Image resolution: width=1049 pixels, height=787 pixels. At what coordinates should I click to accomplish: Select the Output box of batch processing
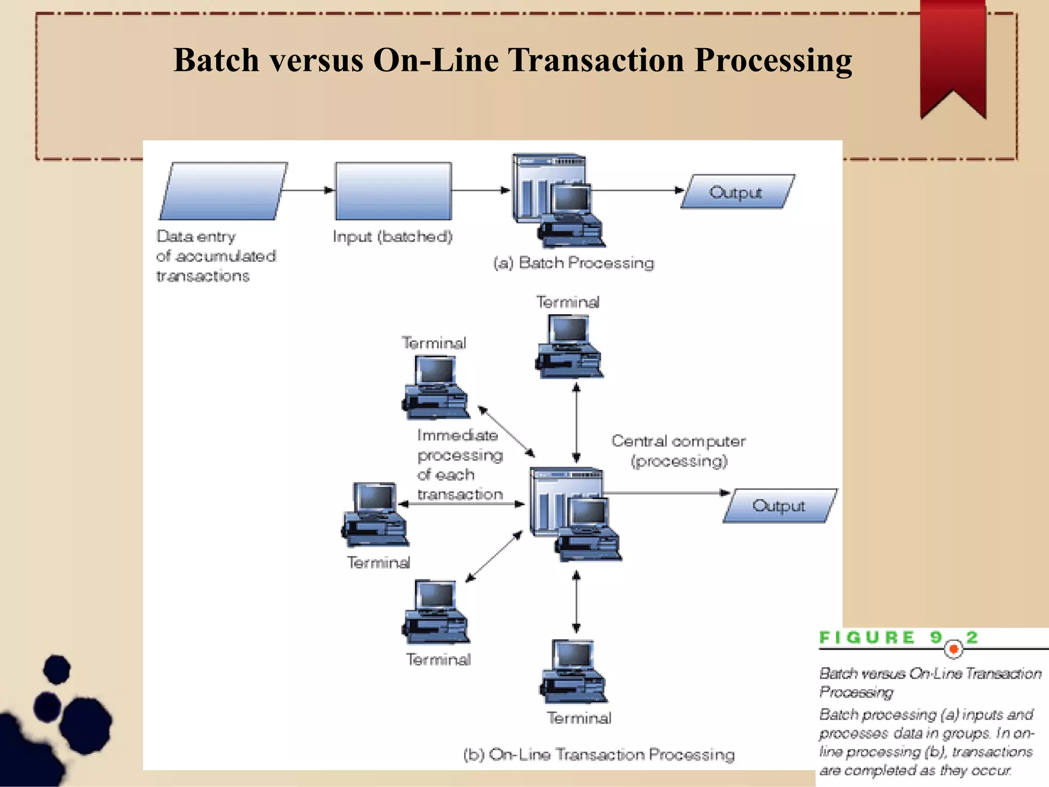coord(738,192)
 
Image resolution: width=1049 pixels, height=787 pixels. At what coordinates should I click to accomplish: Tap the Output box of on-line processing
coord(780,506)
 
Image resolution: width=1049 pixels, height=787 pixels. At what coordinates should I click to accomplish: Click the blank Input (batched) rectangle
coord(393,191)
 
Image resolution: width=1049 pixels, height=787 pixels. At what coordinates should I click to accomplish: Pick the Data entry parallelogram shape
coord(223,191)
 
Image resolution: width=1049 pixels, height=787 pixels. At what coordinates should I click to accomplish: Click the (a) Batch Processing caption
coord(574,263)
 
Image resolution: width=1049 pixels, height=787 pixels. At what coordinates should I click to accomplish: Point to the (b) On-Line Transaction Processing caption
coord(598,754)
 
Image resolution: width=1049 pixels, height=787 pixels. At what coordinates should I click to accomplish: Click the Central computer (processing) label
coord(678,451)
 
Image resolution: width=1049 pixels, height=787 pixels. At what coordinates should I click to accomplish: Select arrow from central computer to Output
coord(666,493)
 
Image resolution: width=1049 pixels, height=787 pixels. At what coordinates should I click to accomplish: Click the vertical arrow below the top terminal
coord(576,423)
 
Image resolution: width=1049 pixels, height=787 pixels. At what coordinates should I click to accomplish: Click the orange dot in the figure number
coord(953,650)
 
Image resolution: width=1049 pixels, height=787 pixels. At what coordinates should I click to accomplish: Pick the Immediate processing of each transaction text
coord(459,465)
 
